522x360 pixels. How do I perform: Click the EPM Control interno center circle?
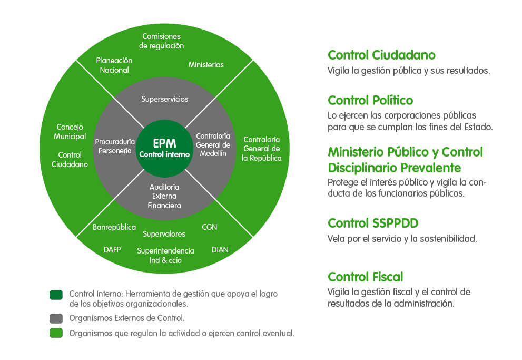tap(164, 148)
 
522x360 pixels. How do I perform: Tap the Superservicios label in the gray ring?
tap(164, 99)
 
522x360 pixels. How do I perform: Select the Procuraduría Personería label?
tap(115, 146)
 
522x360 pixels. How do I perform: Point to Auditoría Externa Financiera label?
tap(164, 196)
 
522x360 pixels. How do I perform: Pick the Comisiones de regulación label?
tap(162, 41)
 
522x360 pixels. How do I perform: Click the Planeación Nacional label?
tap(114, 65)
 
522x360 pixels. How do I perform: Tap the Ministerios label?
tap(206, 65)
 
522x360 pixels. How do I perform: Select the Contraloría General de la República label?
tap(262, 149)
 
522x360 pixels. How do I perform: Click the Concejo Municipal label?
tap(70, 132)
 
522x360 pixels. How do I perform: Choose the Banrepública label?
tap(114, 227)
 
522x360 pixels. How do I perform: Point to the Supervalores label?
tap(164, 233)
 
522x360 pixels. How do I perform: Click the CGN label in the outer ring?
tap(209, 227)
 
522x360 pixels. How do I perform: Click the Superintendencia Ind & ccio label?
tap(165, 256)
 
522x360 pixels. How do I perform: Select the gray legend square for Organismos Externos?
tap(56, 318)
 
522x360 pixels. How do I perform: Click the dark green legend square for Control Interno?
tap(56, 295)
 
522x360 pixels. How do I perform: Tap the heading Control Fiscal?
tap(365, 277)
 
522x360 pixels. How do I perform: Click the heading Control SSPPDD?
tap(373, 222)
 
